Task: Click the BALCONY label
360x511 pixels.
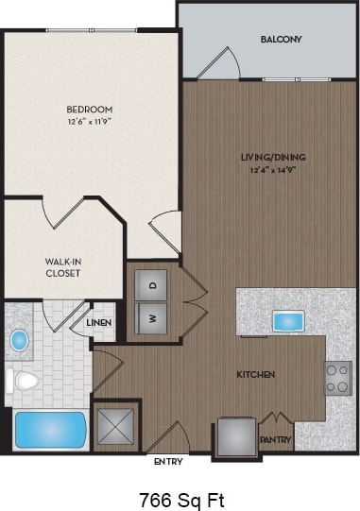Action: (281, 40)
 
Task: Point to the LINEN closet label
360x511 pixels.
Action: (99, 323)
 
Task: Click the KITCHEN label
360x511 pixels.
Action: (255, 375)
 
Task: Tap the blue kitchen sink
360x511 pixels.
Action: (286, 321)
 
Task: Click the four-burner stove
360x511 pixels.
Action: (338, 378)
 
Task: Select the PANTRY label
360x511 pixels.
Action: (277, 440)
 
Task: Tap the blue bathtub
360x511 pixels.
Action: (50, 430)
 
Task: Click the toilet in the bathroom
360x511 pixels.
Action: (25, 381)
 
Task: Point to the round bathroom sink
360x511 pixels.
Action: (20, 340)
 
